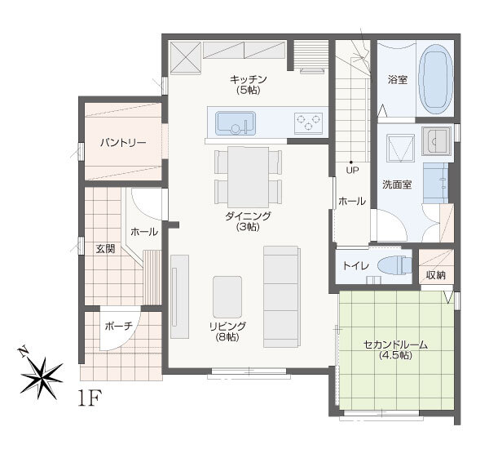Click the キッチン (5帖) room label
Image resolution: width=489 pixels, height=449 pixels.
249,84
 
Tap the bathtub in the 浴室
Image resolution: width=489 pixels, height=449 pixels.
436,80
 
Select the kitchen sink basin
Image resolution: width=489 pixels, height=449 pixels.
236,123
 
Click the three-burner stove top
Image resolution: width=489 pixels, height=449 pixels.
308,122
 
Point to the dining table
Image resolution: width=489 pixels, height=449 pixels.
249,177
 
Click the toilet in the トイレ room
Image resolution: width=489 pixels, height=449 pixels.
394,265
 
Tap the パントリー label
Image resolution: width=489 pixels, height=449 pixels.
123,143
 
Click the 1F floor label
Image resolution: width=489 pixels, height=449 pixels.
90,398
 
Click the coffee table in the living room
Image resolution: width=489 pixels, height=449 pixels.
227,297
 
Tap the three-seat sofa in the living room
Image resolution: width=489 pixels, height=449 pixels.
282,297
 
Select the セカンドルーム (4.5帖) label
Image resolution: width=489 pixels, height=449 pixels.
395,350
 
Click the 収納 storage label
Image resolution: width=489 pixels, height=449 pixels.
436,275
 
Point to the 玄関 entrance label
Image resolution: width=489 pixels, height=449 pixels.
105,249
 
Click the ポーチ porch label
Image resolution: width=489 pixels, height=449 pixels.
118,327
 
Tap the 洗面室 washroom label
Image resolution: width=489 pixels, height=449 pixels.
397,184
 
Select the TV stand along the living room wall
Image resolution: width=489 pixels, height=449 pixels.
179,296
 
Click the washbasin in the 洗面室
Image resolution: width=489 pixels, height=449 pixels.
436,141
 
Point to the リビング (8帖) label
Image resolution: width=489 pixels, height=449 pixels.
227,331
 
